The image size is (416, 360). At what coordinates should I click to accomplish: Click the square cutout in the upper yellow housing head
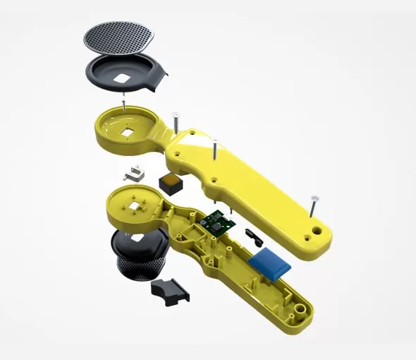[x=129, y=130]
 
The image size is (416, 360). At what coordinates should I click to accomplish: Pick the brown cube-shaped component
[x=171, y=183]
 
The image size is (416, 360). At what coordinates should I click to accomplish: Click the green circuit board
[x=219, y=223]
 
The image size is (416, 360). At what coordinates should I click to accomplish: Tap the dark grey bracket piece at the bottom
[x=170, y=290]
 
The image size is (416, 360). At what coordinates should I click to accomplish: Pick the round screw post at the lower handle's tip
[x=301, y=310]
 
